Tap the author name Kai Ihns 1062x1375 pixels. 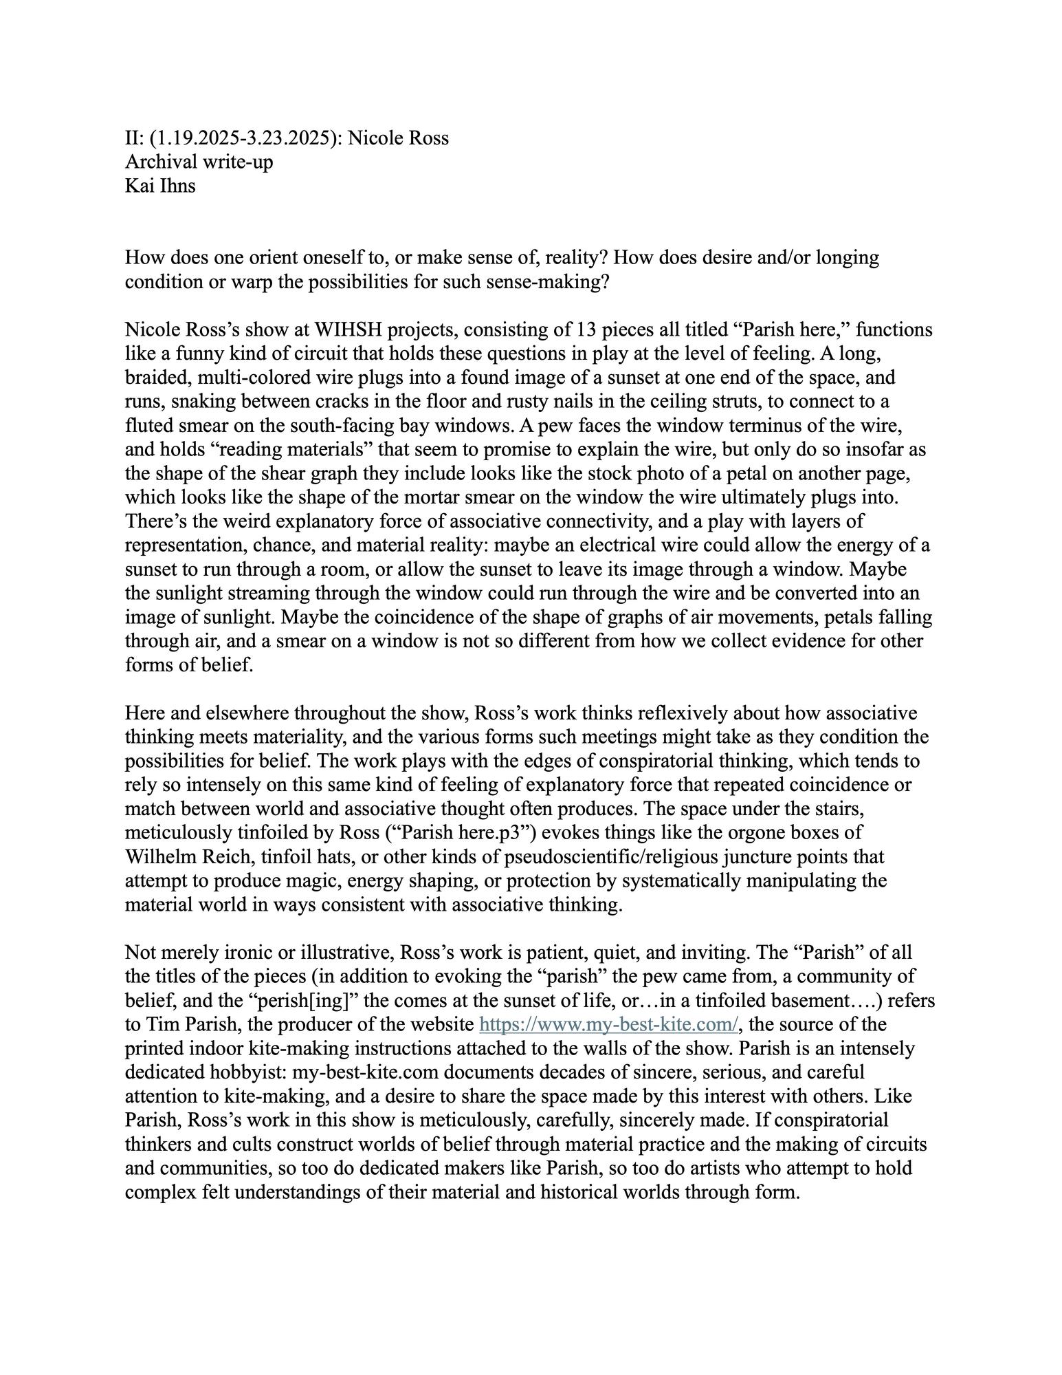(x=160, y=186)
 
